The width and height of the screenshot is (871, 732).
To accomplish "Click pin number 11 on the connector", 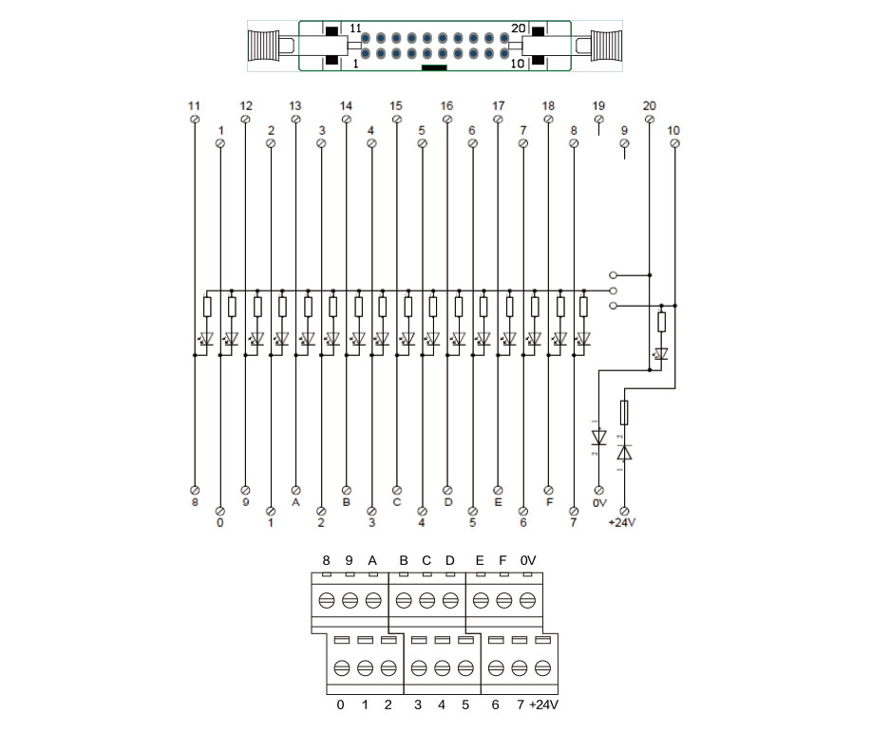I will (367, 38).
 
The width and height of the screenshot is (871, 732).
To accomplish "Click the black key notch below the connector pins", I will (434, 68).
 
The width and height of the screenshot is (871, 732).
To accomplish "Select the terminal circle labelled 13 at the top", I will (295, 120).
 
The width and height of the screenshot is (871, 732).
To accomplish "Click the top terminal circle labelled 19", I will (598, 120).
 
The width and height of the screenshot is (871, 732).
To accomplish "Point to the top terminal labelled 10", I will (674, 142).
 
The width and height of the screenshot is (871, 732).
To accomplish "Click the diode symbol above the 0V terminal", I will (598, 438).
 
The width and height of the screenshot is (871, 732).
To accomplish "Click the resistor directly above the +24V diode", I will (624, 412).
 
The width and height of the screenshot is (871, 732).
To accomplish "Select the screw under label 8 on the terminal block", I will (326, 601).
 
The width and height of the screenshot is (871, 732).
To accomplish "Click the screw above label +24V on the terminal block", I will (542, 668).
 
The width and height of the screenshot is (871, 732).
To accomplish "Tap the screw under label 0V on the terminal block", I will (527, 601).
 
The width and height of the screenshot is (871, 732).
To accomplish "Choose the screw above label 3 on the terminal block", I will (418, 668).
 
